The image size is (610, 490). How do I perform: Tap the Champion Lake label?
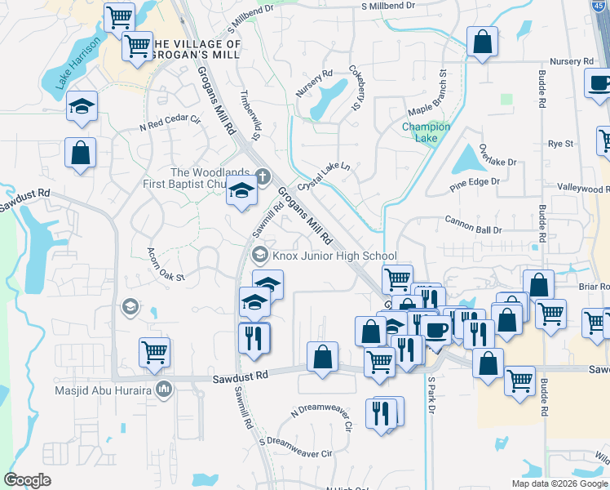426,131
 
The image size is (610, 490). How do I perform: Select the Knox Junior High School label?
334,255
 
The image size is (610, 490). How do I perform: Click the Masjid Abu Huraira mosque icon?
164,388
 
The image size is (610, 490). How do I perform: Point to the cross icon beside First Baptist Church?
262,175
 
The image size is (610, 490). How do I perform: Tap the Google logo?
27,479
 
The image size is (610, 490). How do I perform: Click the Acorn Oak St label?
166,265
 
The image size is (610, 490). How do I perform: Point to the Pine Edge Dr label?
474,185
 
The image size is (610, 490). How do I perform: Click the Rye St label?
560,144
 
